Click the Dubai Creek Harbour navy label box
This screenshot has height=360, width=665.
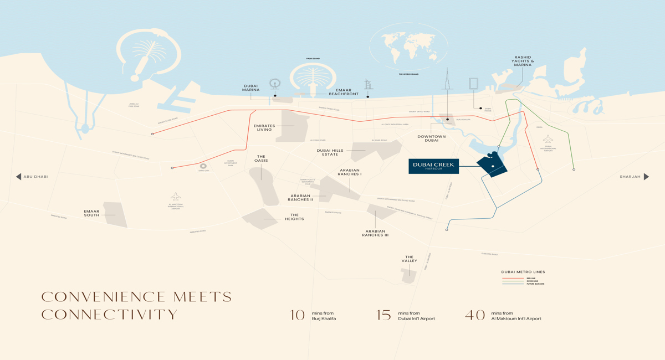pos(433,166)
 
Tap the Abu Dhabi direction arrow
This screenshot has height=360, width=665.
pos(18,177)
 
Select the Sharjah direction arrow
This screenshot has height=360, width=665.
pos(646,177)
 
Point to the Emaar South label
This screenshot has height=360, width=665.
pos(91,213)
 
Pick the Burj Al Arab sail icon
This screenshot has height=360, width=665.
pos(369,85)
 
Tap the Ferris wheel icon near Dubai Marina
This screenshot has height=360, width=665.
pos(275,84)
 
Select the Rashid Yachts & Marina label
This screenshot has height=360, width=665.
pos(523,61)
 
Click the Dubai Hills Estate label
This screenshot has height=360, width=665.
pos(330,152)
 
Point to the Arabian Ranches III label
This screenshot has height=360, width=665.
pos(375,233)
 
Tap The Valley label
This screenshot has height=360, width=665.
pos(410,259)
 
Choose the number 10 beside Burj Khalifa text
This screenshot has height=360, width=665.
pos(298,315)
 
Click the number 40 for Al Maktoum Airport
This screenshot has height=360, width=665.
pos(475,315)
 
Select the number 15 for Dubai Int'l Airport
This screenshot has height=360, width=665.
pos(383,315)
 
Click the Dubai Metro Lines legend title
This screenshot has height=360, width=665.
pos(523,272)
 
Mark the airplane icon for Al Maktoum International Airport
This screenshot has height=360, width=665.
pos(176,197)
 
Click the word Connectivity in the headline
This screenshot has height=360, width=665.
pos(110,315)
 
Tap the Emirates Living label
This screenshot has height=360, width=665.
pos(264,128)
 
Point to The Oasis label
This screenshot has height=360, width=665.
pos(261,158)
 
